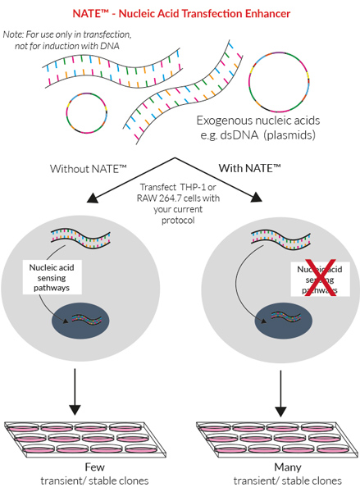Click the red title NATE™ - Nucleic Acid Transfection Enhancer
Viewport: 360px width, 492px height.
pos(181,14)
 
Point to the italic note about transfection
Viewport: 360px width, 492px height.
pos(67,40)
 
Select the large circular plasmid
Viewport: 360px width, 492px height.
pos(279,83)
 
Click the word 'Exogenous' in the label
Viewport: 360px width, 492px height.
pos(222,121)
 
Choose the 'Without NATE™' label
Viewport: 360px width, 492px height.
pos(89,169)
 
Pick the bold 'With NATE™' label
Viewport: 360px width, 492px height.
pos(249,168)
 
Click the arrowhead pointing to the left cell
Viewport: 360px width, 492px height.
pos(93,198)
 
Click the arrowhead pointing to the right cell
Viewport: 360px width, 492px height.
pos(256,197)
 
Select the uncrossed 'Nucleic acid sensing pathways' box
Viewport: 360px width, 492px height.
pos(52,277)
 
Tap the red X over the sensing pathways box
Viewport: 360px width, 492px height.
pos(321,278)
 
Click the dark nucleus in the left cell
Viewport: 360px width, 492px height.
pos(80,321)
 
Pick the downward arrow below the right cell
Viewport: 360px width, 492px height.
pos(280,394)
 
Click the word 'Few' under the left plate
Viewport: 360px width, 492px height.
pos(94,467)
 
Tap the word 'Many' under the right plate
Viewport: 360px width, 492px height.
pos(288,467)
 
